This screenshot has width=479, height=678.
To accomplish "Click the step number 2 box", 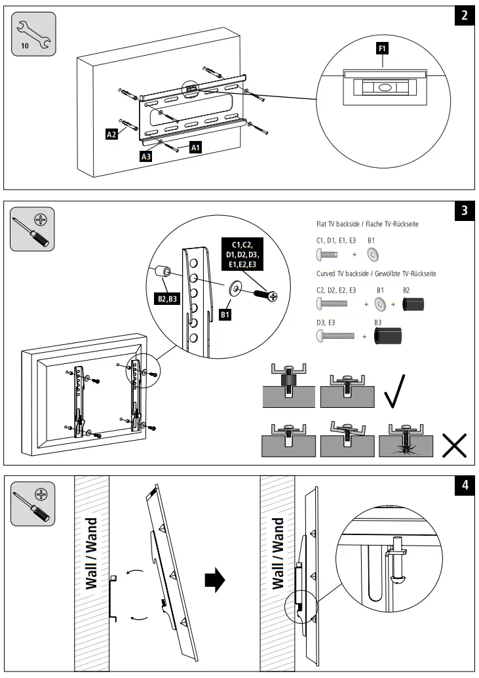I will click(464, 16).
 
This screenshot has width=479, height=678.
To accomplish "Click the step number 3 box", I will click(464, 210).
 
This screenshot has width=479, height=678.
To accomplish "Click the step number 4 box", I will click(464, 486).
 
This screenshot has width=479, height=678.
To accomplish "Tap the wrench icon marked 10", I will click(33, 35).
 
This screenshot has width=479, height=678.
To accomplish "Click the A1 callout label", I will click(195, 149).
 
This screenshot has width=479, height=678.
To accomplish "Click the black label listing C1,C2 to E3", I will click(244, 254).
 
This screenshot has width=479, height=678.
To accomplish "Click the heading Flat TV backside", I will click(367, 224).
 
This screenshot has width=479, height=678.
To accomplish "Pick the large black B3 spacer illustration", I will click(388, 336).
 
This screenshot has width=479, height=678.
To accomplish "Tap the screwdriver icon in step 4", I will click(33, 504).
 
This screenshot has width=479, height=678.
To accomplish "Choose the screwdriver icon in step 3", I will click(33, 229).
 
